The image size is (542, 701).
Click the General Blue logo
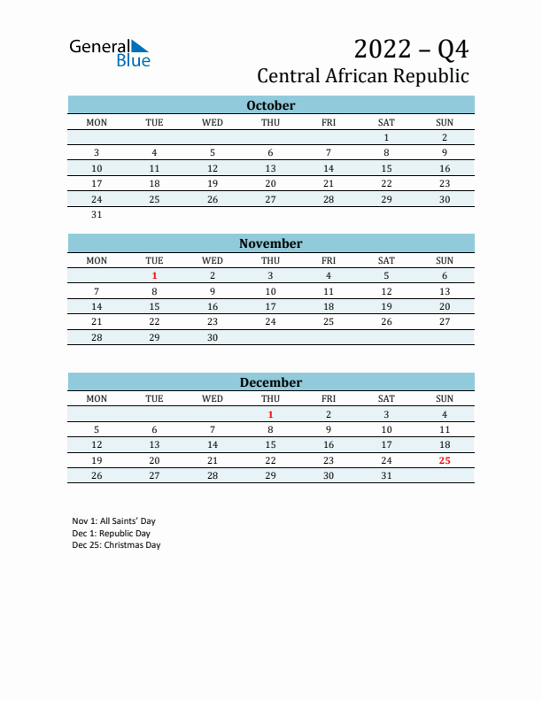click(110, 52)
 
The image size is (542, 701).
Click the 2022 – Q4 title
click(411, 48)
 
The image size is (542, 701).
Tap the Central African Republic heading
click(363, 76)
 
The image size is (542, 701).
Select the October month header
click(270, 105)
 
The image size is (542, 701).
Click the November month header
click(270, 243)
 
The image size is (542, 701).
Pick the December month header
click(270, 382)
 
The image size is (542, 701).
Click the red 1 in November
click(154, 275)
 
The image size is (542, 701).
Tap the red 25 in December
click(445, 460)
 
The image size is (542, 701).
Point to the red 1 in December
click(270, 414)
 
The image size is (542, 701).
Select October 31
click(97, 214)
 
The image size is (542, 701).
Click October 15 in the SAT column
click(386, 168)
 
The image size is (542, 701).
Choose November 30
click(213, 337)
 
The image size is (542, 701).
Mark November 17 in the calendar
click(270, 306)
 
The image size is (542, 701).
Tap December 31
click(386, 475)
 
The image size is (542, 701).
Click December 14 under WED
click(213, 444)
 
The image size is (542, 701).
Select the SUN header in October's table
click(445, 122)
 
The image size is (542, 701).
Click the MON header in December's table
click(97, 398)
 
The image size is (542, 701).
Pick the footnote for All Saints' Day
click(113, 521)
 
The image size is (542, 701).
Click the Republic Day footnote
click(112, 534)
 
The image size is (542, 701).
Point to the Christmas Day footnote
click(116, 545)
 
